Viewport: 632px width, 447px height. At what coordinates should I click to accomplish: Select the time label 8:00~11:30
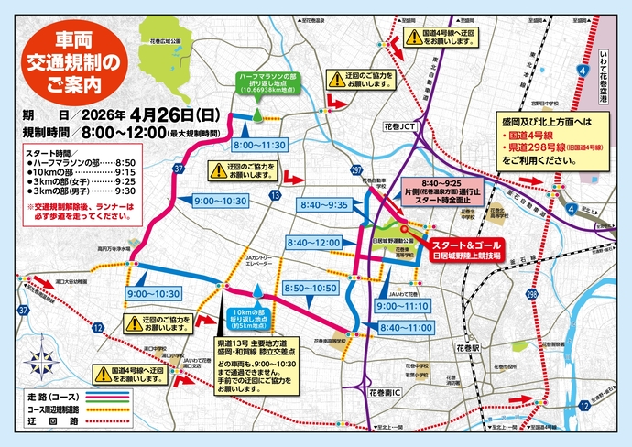[x=259, y=146]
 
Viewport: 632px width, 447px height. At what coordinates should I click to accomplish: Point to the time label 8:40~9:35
[x=323, y=205]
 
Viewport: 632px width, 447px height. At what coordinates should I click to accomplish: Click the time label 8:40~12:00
[x=313, y=242]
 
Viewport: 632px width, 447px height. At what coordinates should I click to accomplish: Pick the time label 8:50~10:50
[x=310, y=288]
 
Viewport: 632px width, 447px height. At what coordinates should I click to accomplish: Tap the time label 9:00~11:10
[x=403, y=306]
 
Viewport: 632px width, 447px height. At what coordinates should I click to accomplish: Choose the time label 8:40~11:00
[x=403, y=326]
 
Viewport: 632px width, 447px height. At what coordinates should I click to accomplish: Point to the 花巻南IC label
[x=383, y=391]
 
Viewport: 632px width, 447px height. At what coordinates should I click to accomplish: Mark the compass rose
[x=39, y=355]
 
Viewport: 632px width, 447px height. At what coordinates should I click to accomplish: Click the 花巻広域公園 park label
[x=164, y=40]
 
